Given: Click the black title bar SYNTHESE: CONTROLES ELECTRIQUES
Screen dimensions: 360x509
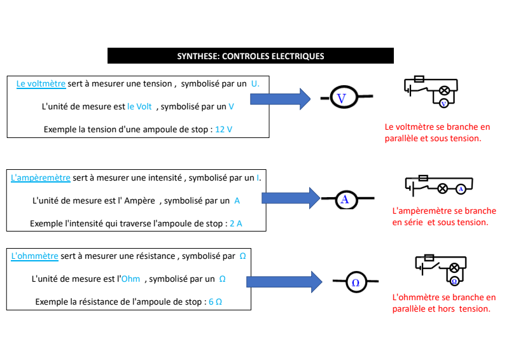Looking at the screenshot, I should point(251,56).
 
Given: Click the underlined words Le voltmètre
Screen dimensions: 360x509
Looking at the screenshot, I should point(41,83).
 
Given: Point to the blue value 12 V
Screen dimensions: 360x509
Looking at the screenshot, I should point(224,129).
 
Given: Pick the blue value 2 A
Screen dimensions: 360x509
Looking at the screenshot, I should point(235,223).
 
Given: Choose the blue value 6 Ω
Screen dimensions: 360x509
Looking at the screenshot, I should point(215,301).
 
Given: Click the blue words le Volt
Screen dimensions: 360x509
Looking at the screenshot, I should point(139,106).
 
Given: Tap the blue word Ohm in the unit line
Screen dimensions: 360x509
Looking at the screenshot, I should point(130,279).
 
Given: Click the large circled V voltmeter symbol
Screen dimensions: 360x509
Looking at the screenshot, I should point(341,98).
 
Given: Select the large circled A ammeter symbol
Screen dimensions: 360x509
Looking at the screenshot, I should point(345,199).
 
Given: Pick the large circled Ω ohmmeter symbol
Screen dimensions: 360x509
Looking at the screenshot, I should point(356,282).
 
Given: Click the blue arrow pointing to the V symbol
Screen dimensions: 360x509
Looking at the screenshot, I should point(280,99).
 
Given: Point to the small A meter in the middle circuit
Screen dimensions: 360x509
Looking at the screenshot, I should point(460,188).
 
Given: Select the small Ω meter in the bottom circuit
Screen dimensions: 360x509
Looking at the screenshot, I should point(454,280).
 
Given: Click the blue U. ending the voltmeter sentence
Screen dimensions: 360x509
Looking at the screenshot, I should point(255,83).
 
